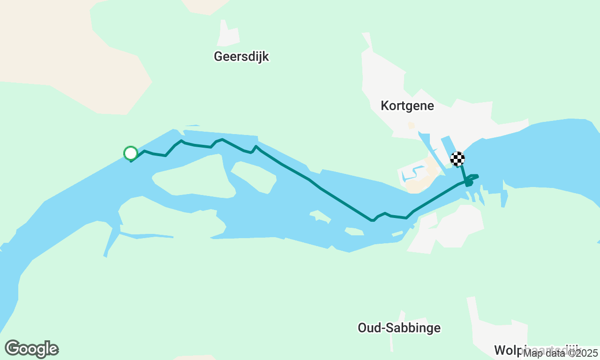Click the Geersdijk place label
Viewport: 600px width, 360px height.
point(241,57)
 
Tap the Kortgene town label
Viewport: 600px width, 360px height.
point(407,106)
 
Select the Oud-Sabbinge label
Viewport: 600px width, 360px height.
point(399,328)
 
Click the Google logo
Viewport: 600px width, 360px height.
point(31,349)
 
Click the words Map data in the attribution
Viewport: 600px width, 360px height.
point(543,353)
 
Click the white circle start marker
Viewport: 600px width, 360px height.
point(130,153)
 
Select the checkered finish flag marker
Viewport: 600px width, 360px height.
point(457,159)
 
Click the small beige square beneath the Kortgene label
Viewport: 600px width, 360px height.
point(411,126)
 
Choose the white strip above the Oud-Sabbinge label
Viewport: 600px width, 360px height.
point(401,316)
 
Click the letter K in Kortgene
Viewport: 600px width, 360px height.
point(385,106)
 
